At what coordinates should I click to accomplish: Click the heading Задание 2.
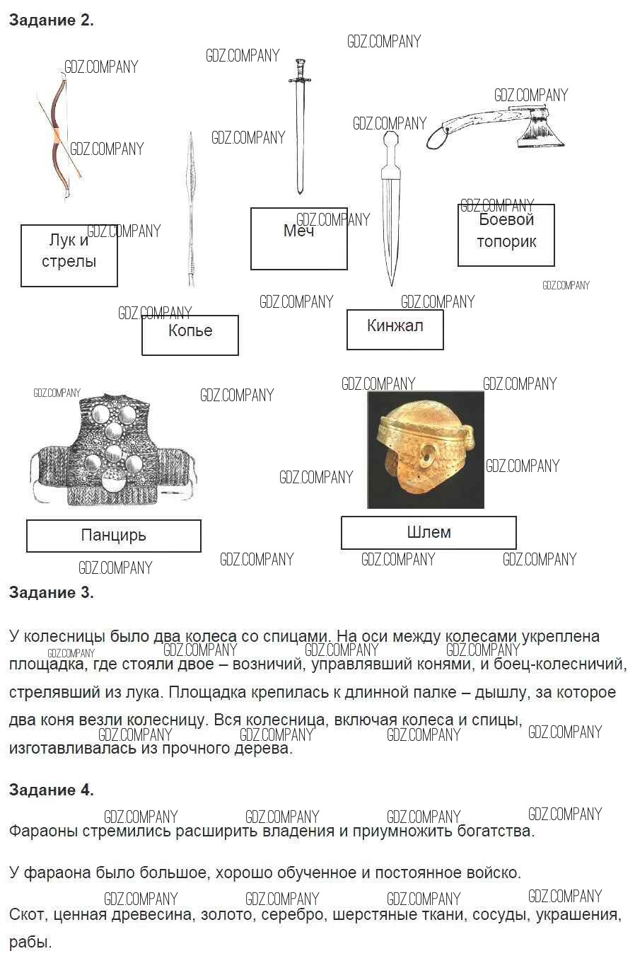pos(51,21)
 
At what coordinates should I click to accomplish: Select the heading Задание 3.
pos(51,592)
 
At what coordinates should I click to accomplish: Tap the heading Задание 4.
pos(51,790)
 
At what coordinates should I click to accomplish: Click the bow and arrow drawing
pos(59,136)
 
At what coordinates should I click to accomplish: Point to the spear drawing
pos(191,209)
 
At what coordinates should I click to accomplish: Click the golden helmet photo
pos(426,450)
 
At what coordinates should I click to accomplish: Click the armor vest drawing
pos(113,450)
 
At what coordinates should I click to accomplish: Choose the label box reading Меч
pos(298,238)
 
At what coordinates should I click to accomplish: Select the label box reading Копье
pos(190,335)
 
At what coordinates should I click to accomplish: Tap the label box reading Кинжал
pos(395,330)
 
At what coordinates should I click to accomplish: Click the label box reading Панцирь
pos(113,536)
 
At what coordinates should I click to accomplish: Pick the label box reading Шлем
pos(429,533)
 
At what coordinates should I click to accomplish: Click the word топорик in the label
pos(506,242)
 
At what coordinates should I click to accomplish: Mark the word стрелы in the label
pos(69,262)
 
